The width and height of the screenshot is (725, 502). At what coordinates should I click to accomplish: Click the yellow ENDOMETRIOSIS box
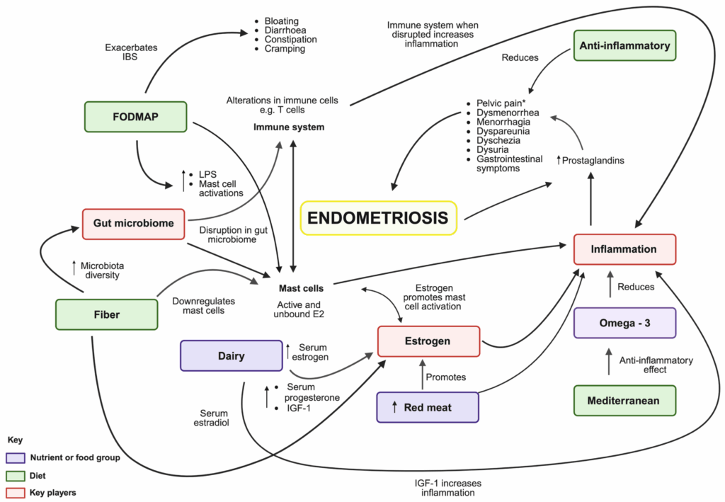379,217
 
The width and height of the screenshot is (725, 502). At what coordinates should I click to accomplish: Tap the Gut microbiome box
133,224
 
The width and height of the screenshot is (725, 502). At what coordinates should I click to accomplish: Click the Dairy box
231,356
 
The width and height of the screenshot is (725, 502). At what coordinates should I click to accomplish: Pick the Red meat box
428,407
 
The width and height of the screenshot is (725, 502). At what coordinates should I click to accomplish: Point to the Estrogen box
429,341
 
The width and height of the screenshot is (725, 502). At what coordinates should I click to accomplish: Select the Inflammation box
624,249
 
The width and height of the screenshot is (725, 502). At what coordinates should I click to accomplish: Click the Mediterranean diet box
623,401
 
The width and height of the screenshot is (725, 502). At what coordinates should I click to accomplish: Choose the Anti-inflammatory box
624,45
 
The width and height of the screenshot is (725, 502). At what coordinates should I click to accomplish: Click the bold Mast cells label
302,288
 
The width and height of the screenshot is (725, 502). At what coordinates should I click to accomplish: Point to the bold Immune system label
289,127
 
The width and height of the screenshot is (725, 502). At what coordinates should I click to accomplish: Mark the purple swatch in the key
15,457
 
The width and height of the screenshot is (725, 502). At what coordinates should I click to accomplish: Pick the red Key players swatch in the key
15,491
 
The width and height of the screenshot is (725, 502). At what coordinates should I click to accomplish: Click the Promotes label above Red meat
446,377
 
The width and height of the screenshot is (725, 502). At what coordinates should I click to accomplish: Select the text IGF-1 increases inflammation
445,488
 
